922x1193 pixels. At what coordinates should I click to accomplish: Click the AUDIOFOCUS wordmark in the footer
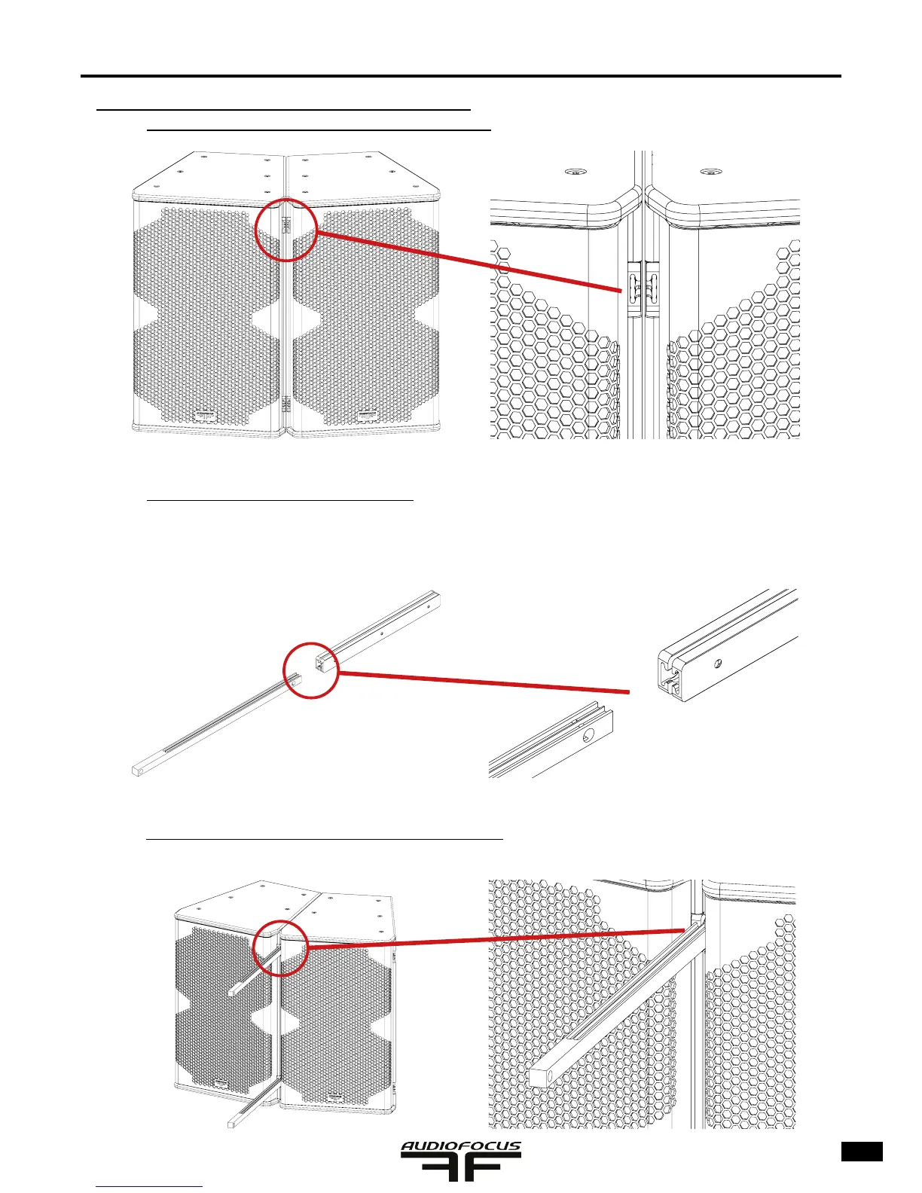click(460, 1148)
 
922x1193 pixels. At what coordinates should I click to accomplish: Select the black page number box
click(862, 1152)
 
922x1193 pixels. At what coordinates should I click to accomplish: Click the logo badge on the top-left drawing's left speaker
click(205, 414)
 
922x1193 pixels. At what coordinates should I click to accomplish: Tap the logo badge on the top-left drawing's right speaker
click(367, 414)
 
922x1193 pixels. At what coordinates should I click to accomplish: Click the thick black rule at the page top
click(460, 76)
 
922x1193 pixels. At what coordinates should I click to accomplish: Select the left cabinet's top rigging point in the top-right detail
click(575, 170)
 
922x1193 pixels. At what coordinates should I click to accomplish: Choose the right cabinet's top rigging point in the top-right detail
click(706, 170)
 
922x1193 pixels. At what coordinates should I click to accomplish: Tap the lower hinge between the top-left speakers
click(286, 404)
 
